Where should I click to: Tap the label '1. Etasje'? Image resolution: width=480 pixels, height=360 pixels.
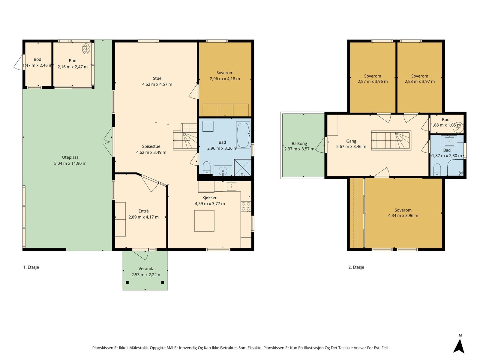[x=31, y=267]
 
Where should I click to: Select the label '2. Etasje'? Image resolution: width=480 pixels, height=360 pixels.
[x=356, y=267]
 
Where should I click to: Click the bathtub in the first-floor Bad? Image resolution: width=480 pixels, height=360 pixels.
[x=243, y=135]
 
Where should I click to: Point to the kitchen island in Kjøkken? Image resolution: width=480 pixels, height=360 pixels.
[x=204, y=221]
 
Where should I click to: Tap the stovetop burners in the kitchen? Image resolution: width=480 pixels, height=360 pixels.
[x=246, y=206]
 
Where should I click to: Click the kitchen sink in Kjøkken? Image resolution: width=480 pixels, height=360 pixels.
[x=231, y=186]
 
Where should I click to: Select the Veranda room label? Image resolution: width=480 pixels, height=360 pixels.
[x=146, y=268]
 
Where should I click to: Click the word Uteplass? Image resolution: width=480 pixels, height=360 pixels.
[x=70, y=157]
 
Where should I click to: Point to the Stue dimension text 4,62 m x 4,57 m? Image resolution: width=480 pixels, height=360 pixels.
[x=157, y=84]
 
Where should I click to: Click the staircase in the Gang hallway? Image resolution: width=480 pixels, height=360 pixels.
[x=391, y=140]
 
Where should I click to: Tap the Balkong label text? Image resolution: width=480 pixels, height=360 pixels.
[x=299, y=144]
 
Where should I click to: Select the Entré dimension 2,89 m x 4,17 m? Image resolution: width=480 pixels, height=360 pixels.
[x=143, y=217]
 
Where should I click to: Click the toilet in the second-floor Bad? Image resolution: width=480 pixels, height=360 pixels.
[x=437, y=169]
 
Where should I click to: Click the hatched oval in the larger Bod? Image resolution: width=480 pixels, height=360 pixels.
[x=86, y=49]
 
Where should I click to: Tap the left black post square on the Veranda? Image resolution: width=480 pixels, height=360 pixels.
[x=127, y=282]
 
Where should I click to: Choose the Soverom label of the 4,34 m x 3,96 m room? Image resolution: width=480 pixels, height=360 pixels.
[x=403, y=210]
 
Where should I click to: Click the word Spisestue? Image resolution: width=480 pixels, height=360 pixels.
[x=151, y=146]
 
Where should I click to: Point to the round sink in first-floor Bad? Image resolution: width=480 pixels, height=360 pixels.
[x=223, y=170]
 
